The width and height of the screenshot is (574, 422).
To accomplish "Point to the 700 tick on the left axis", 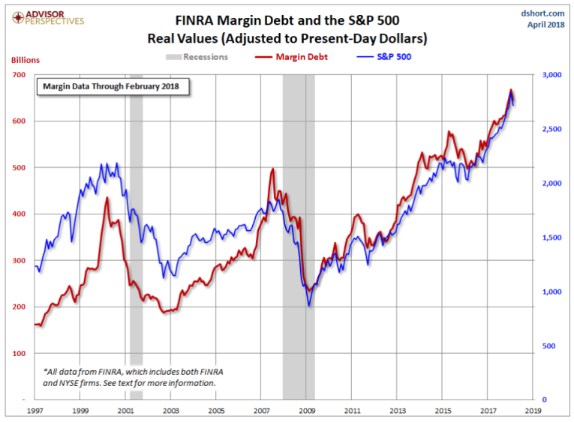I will pos(19,75).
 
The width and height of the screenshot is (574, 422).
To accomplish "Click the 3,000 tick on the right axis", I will pos(550,75).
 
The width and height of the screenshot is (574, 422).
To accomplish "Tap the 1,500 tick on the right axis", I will pos(550,238).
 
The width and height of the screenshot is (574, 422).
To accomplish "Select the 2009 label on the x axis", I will pos(307,412).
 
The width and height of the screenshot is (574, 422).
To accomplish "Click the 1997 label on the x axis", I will pos(35,412).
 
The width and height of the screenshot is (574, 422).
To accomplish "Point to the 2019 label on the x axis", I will pos(533,412).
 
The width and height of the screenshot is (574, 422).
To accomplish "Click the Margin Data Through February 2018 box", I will pos(113,87).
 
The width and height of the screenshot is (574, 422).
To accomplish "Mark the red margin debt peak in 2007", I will pos(272,169).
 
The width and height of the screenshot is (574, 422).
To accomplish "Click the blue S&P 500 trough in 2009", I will pos(308,305).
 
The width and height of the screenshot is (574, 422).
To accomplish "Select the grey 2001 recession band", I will pos(136,225).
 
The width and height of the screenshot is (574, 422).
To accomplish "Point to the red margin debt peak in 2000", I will pos(107,198).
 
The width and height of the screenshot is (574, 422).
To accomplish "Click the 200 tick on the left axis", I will pos(19,307).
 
